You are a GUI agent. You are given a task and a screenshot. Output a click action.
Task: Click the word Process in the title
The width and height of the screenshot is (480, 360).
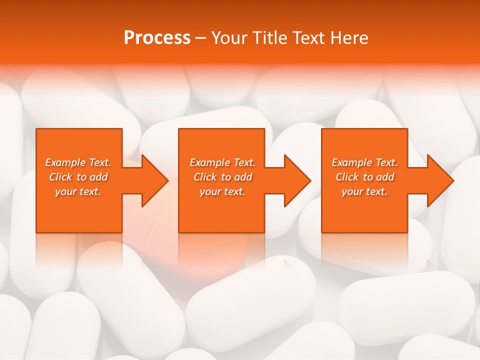pos(157,38)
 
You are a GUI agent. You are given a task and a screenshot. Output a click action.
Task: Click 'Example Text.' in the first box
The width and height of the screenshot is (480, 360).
pos(78,162)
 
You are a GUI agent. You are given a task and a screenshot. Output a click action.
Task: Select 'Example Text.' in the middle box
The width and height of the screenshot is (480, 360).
pos(222,162)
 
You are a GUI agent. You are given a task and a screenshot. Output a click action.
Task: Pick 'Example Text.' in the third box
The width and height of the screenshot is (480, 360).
pos(364,162)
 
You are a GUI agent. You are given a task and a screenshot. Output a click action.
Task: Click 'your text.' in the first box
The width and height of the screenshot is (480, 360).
pos(78,191)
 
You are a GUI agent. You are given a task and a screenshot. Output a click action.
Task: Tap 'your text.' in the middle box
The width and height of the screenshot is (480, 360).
pos(222,191)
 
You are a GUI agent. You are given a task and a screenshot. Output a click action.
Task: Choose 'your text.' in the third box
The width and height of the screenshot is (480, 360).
pos(364,191)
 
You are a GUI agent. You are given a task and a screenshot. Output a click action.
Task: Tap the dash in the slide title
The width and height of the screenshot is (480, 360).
pos(200,38)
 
